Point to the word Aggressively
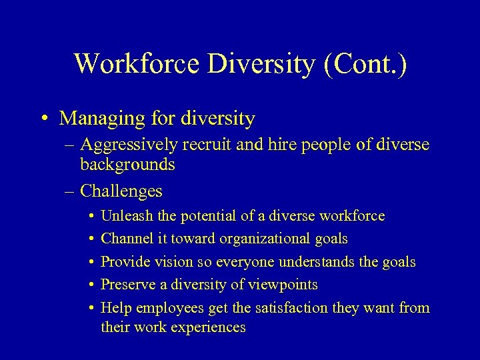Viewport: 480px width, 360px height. tap(126, 145)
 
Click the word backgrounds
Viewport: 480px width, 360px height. tap(127, 164)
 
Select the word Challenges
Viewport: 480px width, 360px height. tap(121, 191)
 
